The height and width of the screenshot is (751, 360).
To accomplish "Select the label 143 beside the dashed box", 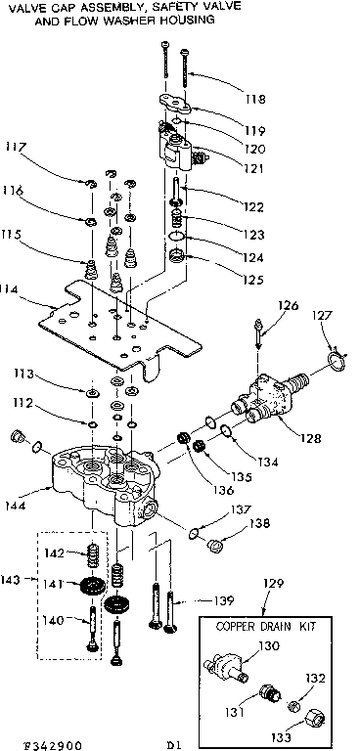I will click(x=12, y=579).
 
